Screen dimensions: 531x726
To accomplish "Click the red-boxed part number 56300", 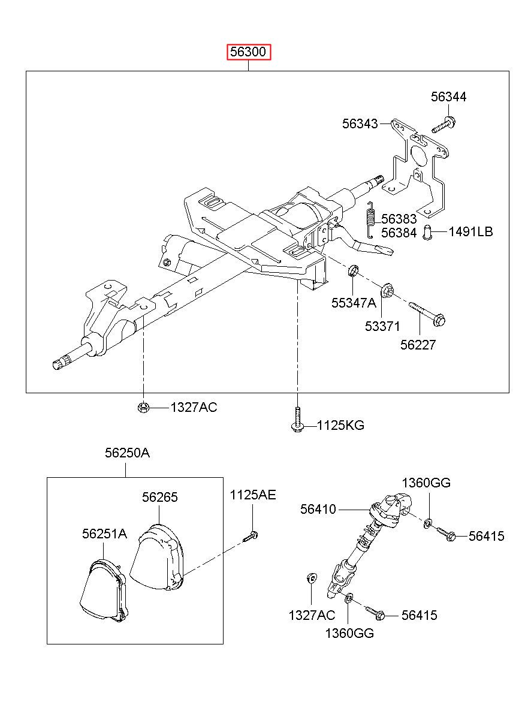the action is click(248, 52).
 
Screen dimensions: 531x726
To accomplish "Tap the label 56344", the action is click(448, 97).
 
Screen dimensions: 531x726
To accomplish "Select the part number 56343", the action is click(360, 123).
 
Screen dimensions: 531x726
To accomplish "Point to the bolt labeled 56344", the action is click(443, 125).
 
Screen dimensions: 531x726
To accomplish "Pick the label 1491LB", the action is click(470, 232).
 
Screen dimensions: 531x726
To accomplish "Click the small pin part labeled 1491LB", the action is click(428, 233).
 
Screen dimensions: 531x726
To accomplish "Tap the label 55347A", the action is click(354, 303).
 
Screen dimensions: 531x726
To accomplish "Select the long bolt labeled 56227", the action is click(427, 314).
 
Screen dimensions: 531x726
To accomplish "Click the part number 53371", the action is click(382, 326).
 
